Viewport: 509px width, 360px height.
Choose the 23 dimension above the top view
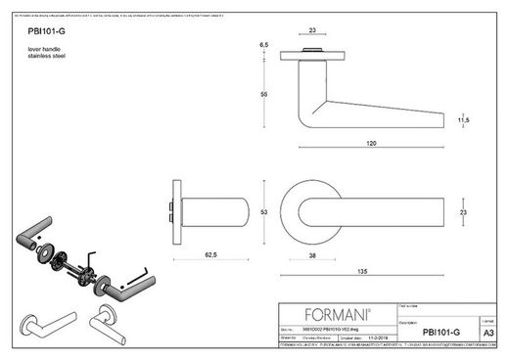tap(312, 29)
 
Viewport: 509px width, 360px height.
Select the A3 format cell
tap(488, 332)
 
